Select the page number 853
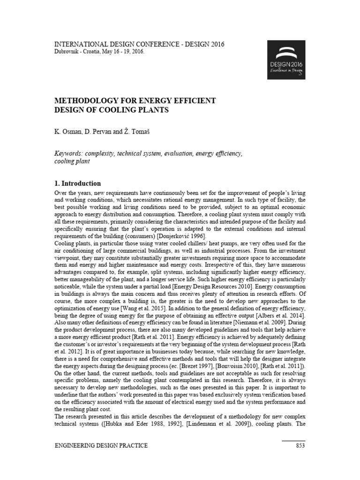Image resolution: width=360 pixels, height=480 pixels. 300,445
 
